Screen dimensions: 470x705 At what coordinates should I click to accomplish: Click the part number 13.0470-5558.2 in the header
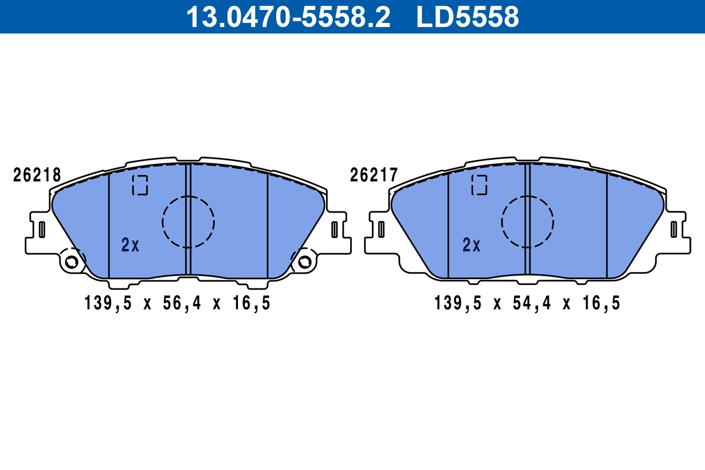coord(288,16)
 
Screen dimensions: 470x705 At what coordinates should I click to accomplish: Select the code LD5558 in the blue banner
coord(468,16)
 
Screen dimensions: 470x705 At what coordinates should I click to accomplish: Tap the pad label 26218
coord(37,175)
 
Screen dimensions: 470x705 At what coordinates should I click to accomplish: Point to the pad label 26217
coord(374,175)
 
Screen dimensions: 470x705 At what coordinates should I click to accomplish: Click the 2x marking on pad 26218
coord(130,245)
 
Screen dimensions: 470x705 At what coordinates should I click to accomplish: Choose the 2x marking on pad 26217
coord(471,245)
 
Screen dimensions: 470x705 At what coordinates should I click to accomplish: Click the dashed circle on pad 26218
coord(189,221)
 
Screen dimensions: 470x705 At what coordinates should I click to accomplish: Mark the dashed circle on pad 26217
coord(528,221)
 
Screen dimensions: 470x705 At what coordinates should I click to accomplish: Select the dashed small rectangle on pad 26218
coord(140,184)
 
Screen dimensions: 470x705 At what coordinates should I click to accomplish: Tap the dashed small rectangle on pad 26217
coord(479,184)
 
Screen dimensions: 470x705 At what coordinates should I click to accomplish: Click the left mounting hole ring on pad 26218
coord(72,261)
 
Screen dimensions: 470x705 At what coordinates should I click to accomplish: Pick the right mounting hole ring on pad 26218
coord(304,261)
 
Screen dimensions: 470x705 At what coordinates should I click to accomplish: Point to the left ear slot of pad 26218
coord(42,229)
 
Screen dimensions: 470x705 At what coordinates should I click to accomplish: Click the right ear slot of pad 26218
coord(334,229)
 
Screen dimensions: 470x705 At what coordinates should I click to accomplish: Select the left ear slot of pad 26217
coord(381,229)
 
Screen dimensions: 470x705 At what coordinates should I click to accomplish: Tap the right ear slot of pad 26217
coord(674,229)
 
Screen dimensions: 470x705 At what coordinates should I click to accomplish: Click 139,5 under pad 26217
coord(458,304)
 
